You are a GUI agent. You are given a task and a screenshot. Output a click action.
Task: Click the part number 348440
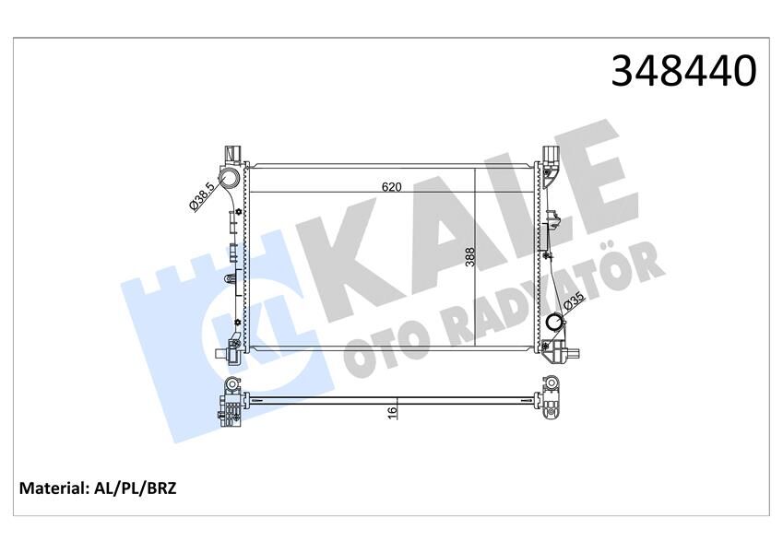coord(683,70)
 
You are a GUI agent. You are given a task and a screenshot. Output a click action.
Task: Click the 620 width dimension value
coord(391,186)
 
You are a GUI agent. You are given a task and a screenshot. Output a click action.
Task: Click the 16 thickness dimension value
coord(392,411)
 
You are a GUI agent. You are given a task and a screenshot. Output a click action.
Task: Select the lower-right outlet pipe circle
coord(554,324)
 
